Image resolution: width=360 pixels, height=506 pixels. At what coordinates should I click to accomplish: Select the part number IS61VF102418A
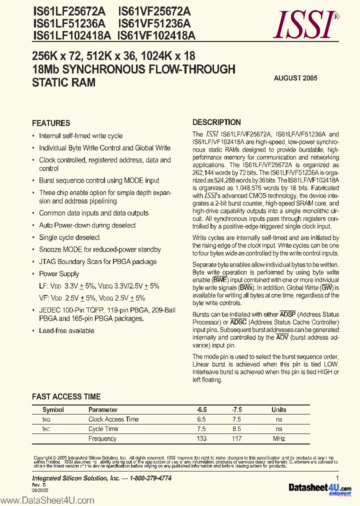(156, 35)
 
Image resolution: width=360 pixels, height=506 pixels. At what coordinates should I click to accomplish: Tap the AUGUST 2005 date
(295, 78)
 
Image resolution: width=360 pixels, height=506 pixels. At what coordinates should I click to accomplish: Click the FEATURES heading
(51, 123)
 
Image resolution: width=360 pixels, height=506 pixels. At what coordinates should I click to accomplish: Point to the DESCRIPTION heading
(216, 122)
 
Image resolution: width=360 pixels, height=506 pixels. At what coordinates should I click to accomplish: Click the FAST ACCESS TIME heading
(66, 396)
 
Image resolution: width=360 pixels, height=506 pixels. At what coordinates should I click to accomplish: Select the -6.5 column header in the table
(201, 409)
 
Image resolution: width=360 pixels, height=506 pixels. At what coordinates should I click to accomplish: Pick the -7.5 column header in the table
(236, 409)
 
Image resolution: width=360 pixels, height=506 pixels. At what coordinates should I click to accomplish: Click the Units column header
(279, 409)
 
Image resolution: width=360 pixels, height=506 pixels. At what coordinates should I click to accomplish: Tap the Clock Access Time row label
(113, 419)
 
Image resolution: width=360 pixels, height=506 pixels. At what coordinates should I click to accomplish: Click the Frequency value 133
(201, 438)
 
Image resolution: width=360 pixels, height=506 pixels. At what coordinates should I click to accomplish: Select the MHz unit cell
(279, 438)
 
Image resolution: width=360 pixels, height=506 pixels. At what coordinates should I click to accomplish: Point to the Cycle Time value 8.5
(236, 429)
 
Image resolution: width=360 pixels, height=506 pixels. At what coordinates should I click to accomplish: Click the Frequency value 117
(236, 438)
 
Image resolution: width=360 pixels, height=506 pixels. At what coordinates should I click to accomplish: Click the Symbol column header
(53, 409)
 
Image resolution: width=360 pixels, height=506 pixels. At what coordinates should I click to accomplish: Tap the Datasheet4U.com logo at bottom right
(319, 488)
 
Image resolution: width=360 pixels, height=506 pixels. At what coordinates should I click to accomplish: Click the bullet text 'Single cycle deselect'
(69, 237)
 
